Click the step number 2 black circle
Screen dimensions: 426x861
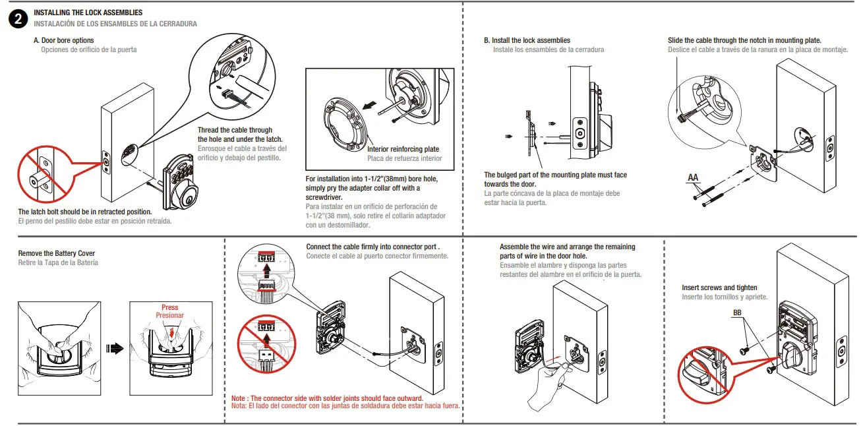(x=18, y=19)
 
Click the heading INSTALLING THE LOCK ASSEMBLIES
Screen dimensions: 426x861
(x=88, y=13)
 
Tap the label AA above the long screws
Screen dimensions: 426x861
(x=693, y=177)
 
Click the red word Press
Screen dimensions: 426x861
(x=169, y=307)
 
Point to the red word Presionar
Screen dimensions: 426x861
(x=169, y=315)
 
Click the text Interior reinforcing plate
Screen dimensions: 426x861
(x=403, y=149)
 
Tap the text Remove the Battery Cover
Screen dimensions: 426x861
(x=57, y=253)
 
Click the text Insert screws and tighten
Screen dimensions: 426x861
(x=719, y=288)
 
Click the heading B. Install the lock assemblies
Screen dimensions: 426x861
(x=527, y=40)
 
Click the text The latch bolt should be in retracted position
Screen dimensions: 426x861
(x=85, y=212)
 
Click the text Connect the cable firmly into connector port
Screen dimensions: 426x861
(x=377, y=247)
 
